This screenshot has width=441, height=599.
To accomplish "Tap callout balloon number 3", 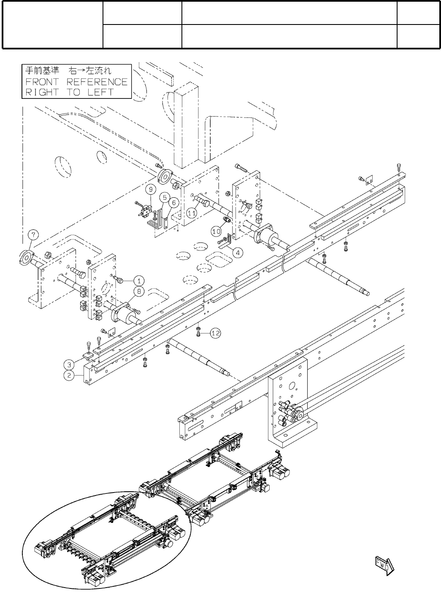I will (x=69, y=364).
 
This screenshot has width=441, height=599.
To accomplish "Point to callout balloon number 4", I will (x=238, y=253).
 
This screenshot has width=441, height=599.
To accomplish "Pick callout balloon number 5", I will (x=164, y=197).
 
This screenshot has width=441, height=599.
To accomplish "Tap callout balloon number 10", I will (x=216, y=231).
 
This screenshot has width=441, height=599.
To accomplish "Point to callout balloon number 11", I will (x=192, y=213).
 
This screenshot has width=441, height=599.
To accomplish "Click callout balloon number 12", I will (x=215, y=333).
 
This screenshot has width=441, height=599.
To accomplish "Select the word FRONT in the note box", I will (x=43, y=82).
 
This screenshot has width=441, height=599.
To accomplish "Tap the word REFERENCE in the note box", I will (x=97, y=82).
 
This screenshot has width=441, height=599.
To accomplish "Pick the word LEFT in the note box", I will (x=101, y=93).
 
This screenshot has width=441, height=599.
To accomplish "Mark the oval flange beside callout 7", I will (x=27, y=258).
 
